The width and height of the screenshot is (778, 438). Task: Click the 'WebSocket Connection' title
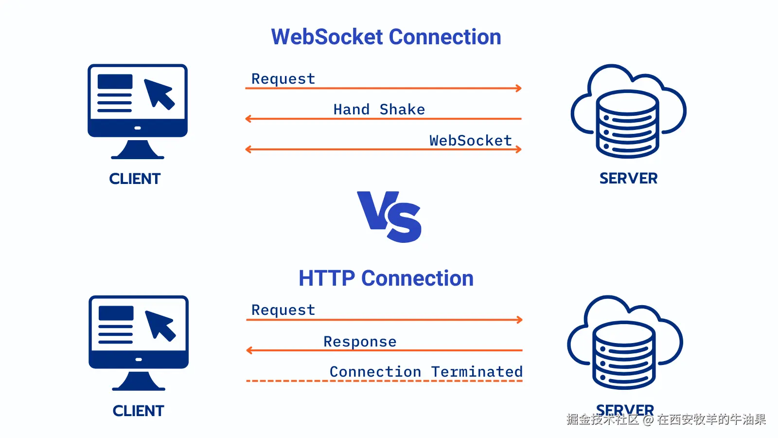pos(386,37)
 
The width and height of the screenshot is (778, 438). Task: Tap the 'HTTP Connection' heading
pos(386,278)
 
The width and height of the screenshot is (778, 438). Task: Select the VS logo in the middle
pos(389,217)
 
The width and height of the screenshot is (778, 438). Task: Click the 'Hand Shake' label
pos(379,109)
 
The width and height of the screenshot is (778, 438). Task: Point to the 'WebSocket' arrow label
pos(470,141)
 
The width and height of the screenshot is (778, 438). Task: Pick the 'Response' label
pos(360,342)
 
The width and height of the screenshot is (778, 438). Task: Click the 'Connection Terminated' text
pos(426,372)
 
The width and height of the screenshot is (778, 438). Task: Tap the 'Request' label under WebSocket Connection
pos(283,79)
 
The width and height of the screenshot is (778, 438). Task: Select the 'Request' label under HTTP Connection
pos(283,310)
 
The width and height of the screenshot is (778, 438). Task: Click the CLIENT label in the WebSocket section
pos(135,179)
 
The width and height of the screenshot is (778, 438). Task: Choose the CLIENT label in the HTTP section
pos(138,411)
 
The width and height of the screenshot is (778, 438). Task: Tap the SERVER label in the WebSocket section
pos(628,178)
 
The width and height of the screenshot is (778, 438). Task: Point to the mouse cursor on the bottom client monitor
pos(160,325)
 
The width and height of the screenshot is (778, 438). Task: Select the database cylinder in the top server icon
pos(627,124)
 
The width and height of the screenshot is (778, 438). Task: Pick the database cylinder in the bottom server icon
pos(624,355)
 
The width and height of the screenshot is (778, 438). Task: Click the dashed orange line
pos(384,381)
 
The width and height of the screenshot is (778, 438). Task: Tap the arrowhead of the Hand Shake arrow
pos(248,118)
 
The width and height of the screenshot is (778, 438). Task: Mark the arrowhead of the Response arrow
pos(249,350)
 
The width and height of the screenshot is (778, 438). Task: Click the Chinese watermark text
pos(666,420)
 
